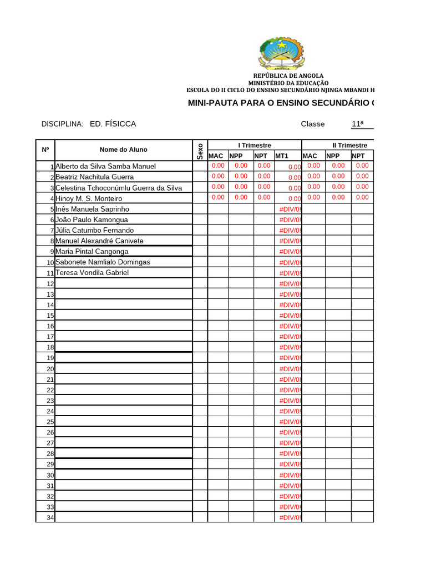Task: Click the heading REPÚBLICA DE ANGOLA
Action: (288, 76)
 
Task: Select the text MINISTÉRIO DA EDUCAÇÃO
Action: (288, 83)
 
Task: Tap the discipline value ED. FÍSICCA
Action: (113, 124)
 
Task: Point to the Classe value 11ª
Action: (358, 124)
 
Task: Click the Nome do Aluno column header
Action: (123, 149)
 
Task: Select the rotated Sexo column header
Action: (200, 151)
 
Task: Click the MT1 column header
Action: (282, 156)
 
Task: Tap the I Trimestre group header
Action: (255, 145)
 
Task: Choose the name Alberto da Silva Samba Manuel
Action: (106, 166)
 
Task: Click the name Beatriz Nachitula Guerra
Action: (95, 177)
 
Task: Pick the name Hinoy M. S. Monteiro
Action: (89, 198)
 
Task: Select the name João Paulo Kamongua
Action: (92, 219)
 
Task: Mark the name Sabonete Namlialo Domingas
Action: (103, 262)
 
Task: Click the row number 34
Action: (50, 518)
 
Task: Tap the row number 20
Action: (50, 369)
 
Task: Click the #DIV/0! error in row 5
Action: (290, 209)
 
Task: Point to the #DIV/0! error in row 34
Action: (290, 518)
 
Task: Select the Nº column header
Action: (45, 149)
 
